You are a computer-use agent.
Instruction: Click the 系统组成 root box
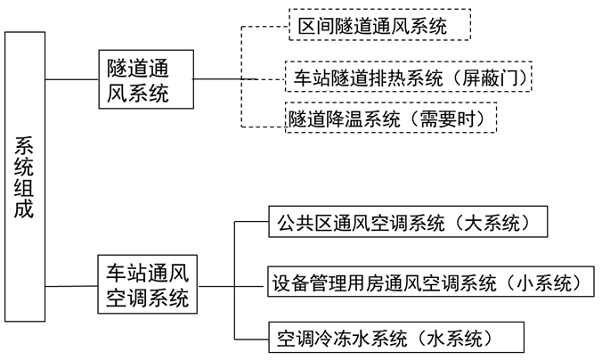coord(25,177)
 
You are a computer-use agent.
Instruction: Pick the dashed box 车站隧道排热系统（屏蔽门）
coord(407,78)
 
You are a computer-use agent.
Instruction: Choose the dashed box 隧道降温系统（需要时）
coord(389,118)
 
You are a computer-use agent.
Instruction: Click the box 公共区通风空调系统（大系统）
coord(407,221)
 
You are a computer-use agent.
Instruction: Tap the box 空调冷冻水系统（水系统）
coord(395,338)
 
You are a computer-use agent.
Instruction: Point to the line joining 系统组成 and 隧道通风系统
coord(71,79)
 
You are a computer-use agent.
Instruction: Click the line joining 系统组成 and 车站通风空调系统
coord(71,286)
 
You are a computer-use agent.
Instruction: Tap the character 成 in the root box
coord(25,212)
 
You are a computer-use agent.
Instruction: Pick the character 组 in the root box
coord(25,189)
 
